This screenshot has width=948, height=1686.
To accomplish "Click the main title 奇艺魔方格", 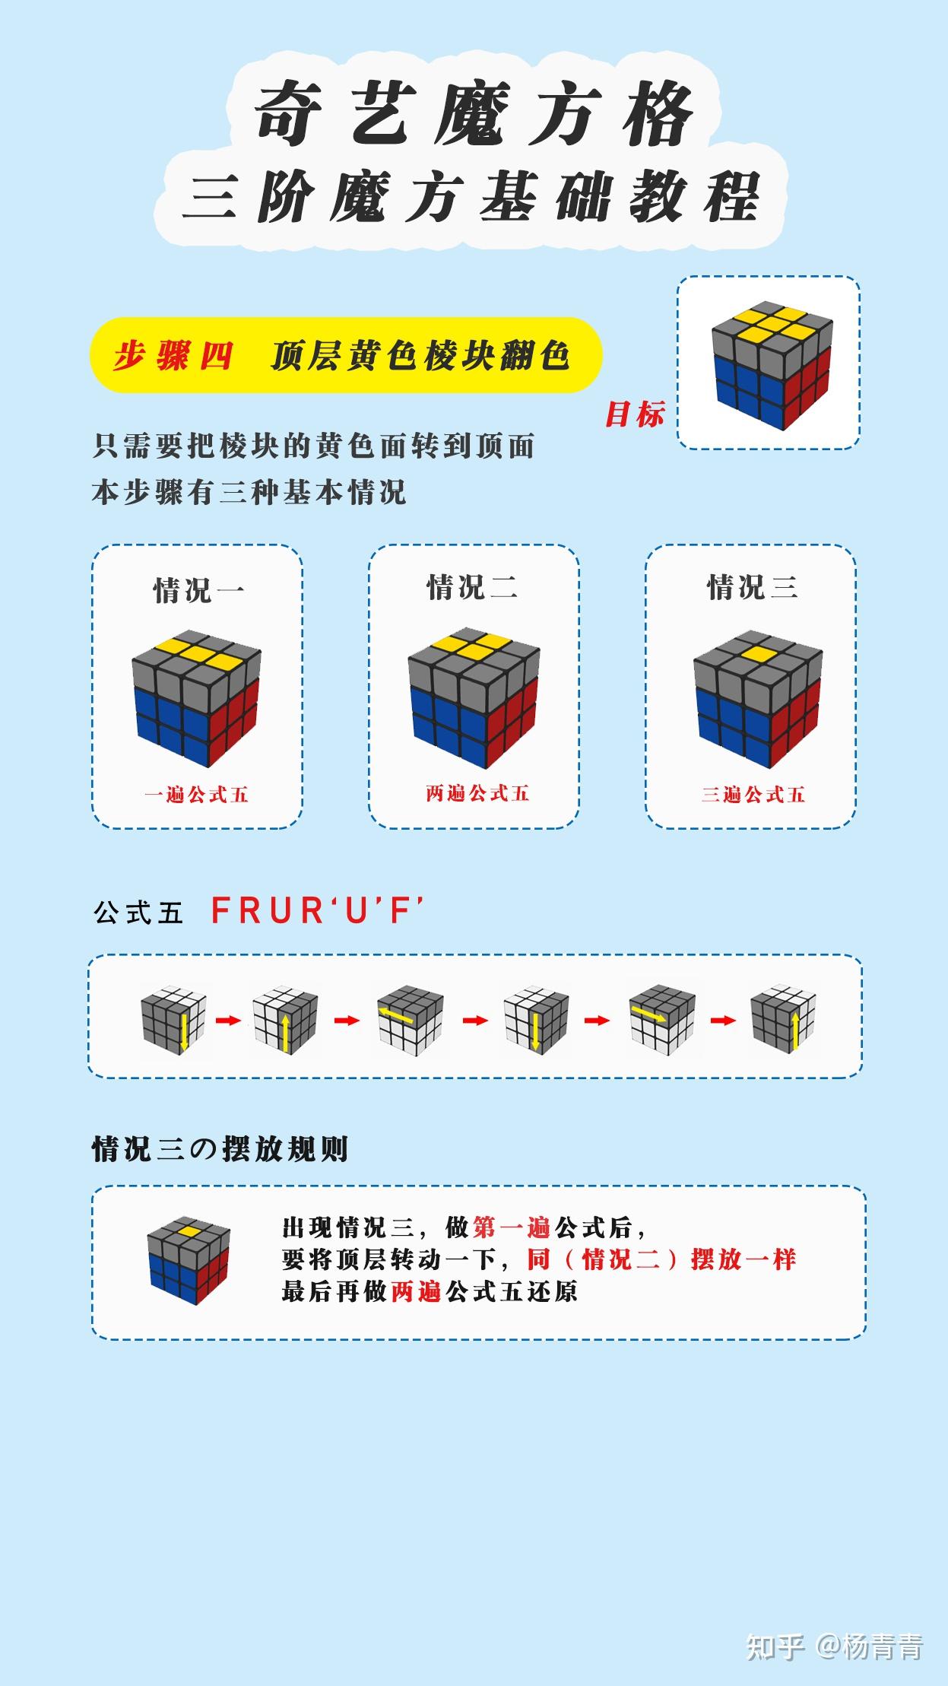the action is point(474,113).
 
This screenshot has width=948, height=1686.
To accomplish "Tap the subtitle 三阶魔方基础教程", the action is point(471,198).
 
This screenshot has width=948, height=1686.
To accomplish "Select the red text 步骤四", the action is point(173,355).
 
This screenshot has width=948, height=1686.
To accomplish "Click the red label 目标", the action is point(635,414).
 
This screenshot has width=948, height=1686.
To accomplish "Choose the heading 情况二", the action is point(472,587).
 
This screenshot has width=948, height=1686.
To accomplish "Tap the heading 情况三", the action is point(753,587).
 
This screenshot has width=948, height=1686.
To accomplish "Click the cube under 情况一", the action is point(196,698).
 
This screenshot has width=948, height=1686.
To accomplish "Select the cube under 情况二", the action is point(474,698).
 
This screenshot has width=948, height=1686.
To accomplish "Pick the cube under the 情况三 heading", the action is point(758,698).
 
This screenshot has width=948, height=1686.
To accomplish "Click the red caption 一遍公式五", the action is point(197,795).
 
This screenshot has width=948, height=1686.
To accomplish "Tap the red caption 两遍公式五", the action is point(477,793).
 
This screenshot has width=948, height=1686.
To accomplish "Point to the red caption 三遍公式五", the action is point(753,795).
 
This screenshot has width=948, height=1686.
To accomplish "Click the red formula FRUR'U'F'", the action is point(317,910).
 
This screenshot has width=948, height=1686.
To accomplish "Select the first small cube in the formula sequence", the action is point(173,1019).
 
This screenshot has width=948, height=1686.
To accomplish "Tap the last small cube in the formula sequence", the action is point(784,1019).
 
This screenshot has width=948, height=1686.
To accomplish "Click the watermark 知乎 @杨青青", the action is point(835,1646).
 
